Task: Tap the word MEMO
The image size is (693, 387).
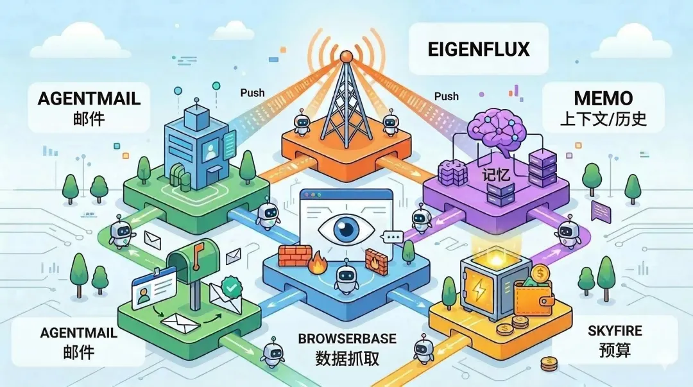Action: tap(604, 99)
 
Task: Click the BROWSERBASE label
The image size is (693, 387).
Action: tap(347, 338)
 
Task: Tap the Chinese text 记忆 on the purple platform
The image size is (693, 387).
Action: tap(495, 175)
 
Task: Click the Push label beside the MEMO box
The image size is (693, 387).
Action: tap(446, 96)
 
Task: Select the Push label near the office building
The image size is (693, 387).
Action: tap(252, 92)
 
